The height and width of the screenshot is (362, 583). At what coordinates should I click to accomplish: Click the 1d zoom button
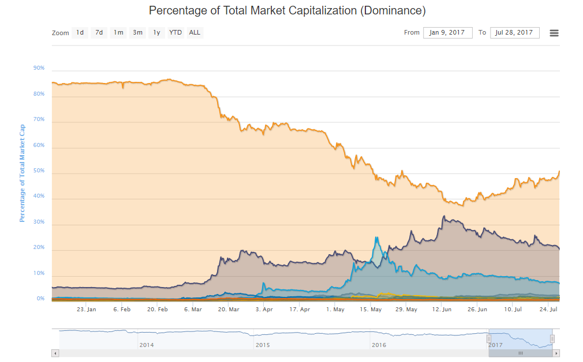pos(80,33)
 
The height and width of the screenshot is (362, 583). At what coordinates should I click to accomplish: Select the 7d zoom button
pos(99,33)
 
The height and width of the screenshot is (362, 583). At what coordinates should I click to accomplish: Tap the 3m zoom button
pos(137,33)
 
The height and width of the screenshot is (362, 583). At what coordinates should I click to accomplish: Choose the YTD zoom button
pos(175,33)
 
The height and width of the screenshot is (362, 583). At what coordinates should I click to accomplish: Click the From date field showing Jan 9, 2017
pos(448,33)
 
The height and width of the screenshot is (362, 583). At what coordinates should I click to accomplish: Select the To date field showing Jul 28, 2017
pos(514,33)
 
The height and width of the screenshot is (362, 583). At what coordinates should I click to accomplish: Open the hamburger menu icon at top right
pos(554,33)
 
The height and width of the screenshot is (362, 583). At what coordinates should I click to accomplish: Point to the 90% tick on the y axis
pos(39,68)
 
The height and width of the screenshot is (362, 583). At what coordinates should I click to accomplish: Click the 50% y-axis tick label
pos(39,171)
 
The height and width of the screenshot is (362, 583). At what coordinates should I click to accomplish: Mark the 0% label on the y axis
pos(41,299)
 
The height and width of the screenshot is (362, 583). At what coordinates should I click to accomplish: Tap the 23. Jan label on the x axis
pos(87,310)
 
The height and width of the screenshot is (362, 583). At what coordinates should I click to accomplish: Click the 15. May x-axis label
pos(371,310)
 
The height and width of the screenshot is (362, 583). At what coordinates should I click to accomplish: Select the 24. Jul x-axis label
pos(549,310)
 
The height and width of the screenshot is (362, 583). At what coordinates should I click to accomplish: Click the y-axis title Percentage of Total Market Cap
pos(23,173)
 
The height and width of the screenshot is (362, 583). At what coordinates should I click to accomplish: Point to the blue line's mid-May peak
pos(376,237)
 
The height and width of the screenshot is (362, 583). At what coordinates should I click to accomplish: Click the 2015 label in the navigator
pos(263,345)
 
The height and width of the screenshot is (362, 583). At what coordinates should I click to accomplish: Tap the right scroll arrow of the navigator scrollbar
pos(556,353)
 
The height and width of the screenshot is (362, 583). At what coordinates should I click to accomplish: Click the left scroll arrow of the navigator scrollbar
pos(55,353)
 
